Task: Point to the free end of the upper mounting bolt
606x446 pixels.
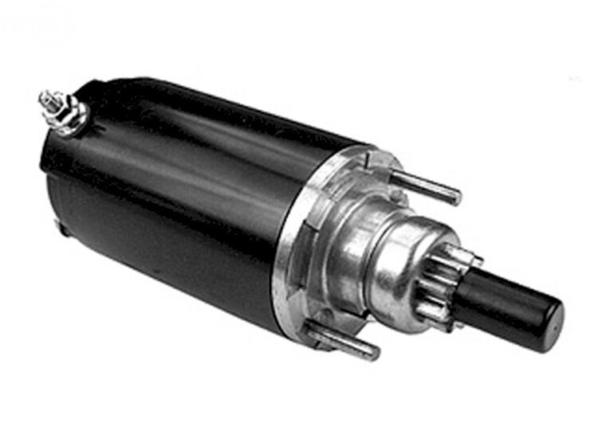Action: point(456,196)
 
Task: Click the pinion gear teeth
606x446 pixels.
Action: point(447,283)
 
